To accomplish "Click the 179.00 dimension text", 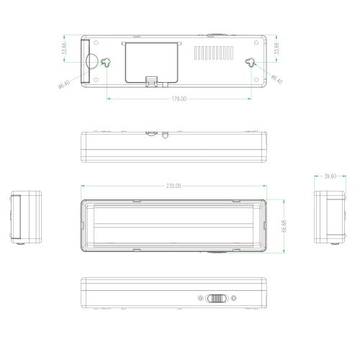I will coord(176,99).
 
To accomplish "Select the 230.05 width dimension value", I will coord(174,186).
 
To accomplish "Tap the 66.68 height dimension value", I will coord(284,225).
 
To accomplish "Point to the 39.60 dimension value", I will coord(330,176).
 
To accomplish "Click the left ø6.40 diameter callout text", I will coord(66,84).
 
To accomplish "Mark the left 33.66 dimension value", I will coord(65,50).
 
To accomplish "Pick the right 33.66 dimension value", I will coord(277,49).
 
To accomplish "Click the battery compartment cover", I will coord(150,60).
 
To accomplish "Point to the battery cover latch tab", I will coord(152,81).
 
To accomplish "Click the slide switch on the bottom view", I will coord(216,297).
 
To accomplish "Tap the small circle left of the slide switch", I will coord(200,297).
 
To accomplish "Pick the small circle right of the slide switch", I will coord(233,297).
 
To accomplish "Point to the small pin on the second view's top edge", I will coord(166,134).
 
